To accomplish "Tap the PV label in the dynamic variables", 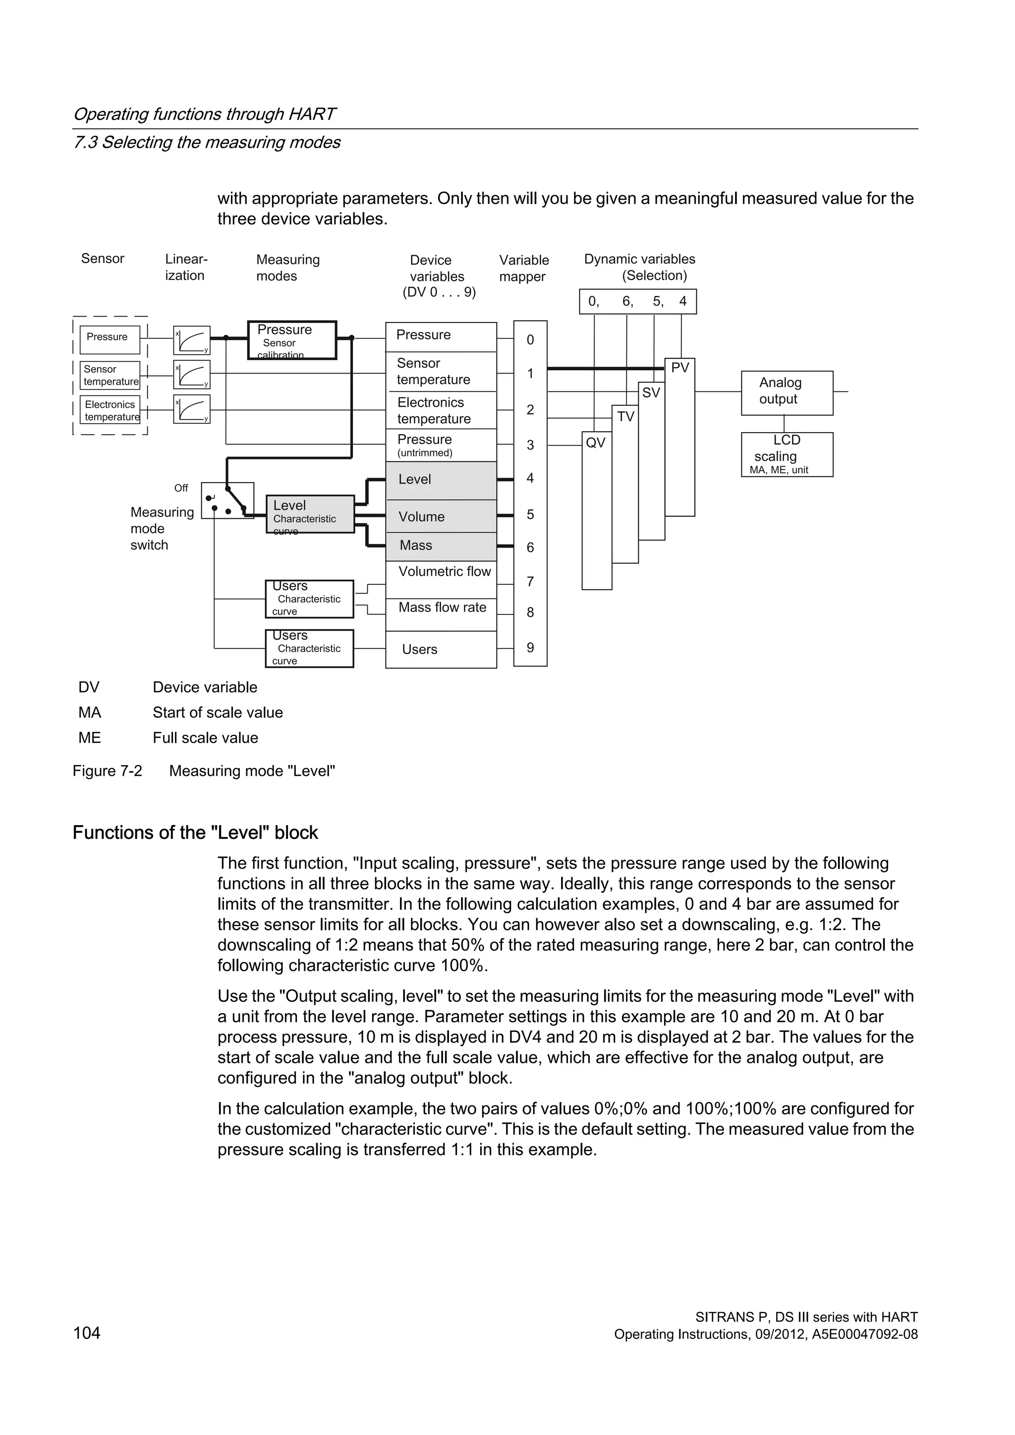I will pos(679,368).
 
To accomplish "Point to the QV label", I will pos(596,443).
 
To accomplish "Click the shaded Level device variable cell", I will pos(441,480).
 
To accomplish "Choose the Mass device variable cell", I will pos(441,546).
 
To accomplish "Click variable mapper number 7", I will pos(530,582).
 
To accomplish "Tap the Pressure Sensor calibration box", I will pos(292,340).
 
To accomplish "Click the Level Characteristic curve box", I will pos(310,514).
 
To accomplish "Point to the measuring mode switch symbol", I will pos(227,500).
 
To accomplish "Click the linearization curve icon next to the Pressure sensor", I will pos(192,340).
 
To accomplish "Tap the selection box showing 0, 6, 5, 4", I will pos(637,302).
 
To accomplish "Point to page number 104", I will pos(87,1333).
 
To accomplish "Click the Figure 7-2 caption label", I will pos(108,771).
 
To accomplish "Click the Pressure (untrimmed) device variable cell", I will pos(441,445).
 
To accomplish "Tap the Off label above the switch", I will pos(181,488).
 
